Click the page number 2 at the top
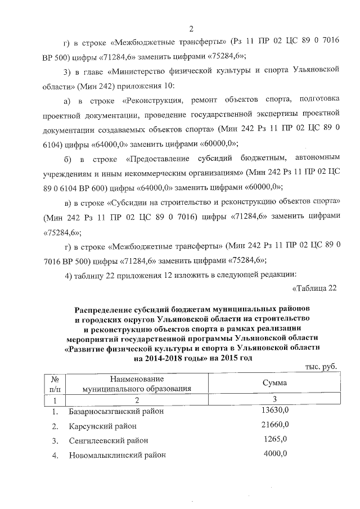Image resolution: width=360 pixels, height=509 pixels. [191, 29]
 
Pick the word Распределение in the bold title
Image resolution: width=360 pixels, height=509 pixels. [107, 309]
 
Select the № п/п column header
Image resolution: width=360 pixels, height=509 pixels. [55, 382]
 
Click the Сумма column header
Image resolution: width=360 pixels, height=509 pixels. [274, 382]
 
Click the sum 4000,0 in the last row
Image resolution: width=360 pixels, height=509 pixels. [275, 454]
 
